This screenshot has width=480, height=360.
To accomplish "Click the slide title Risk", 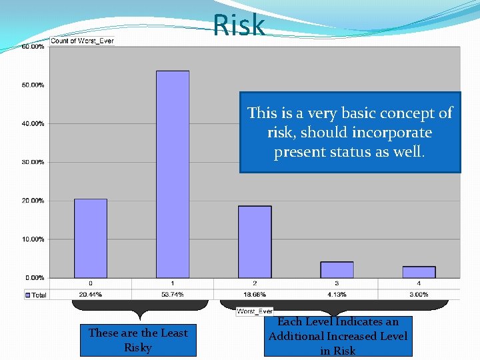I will click(239, 26).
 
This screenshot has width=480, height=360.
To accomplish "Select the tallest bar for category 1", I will click(172, 173).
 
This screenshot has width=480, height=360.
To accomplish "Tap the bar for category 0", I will click(90, 238).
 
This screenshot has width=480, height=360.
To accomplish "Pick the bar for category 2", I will click(255, 241).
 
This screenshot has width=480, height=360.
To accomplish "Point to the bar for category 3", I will click(337, 269).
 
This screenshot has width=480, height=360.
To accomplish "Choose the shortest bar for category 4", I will click(419, 272).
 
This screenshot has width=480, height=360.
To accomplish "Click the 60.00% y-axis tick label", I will click(33, 47).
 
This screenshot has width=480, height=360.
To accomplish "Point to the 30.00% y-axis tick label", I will click(33, 162).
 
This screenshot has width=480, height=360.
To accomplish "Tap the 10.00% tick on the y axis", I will click(33, 239).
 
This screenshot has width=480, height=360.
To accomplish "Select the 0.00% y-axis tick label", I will click(35, 277).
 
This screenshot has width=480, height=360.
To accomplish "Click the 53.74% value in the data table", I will click(172, 294).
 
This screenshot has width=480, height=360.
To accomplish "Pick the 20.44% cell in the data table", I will click(90, 294).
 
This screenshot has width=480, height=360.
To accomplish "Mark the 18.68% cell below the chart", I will click(255, 294).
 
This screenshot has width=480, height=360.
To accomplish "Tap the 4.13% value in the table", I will click(337, 294).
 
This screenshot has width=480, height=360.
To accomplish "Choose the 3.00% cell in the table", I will click(419, 294).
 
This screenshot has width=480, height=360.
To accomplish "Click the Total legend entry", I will click(36, 295).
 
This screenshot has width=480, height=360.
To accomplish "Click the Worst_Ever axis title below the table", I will click(255, 311).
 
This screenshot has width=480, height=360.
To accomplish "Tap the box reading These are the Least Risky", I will click(138, 340).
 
